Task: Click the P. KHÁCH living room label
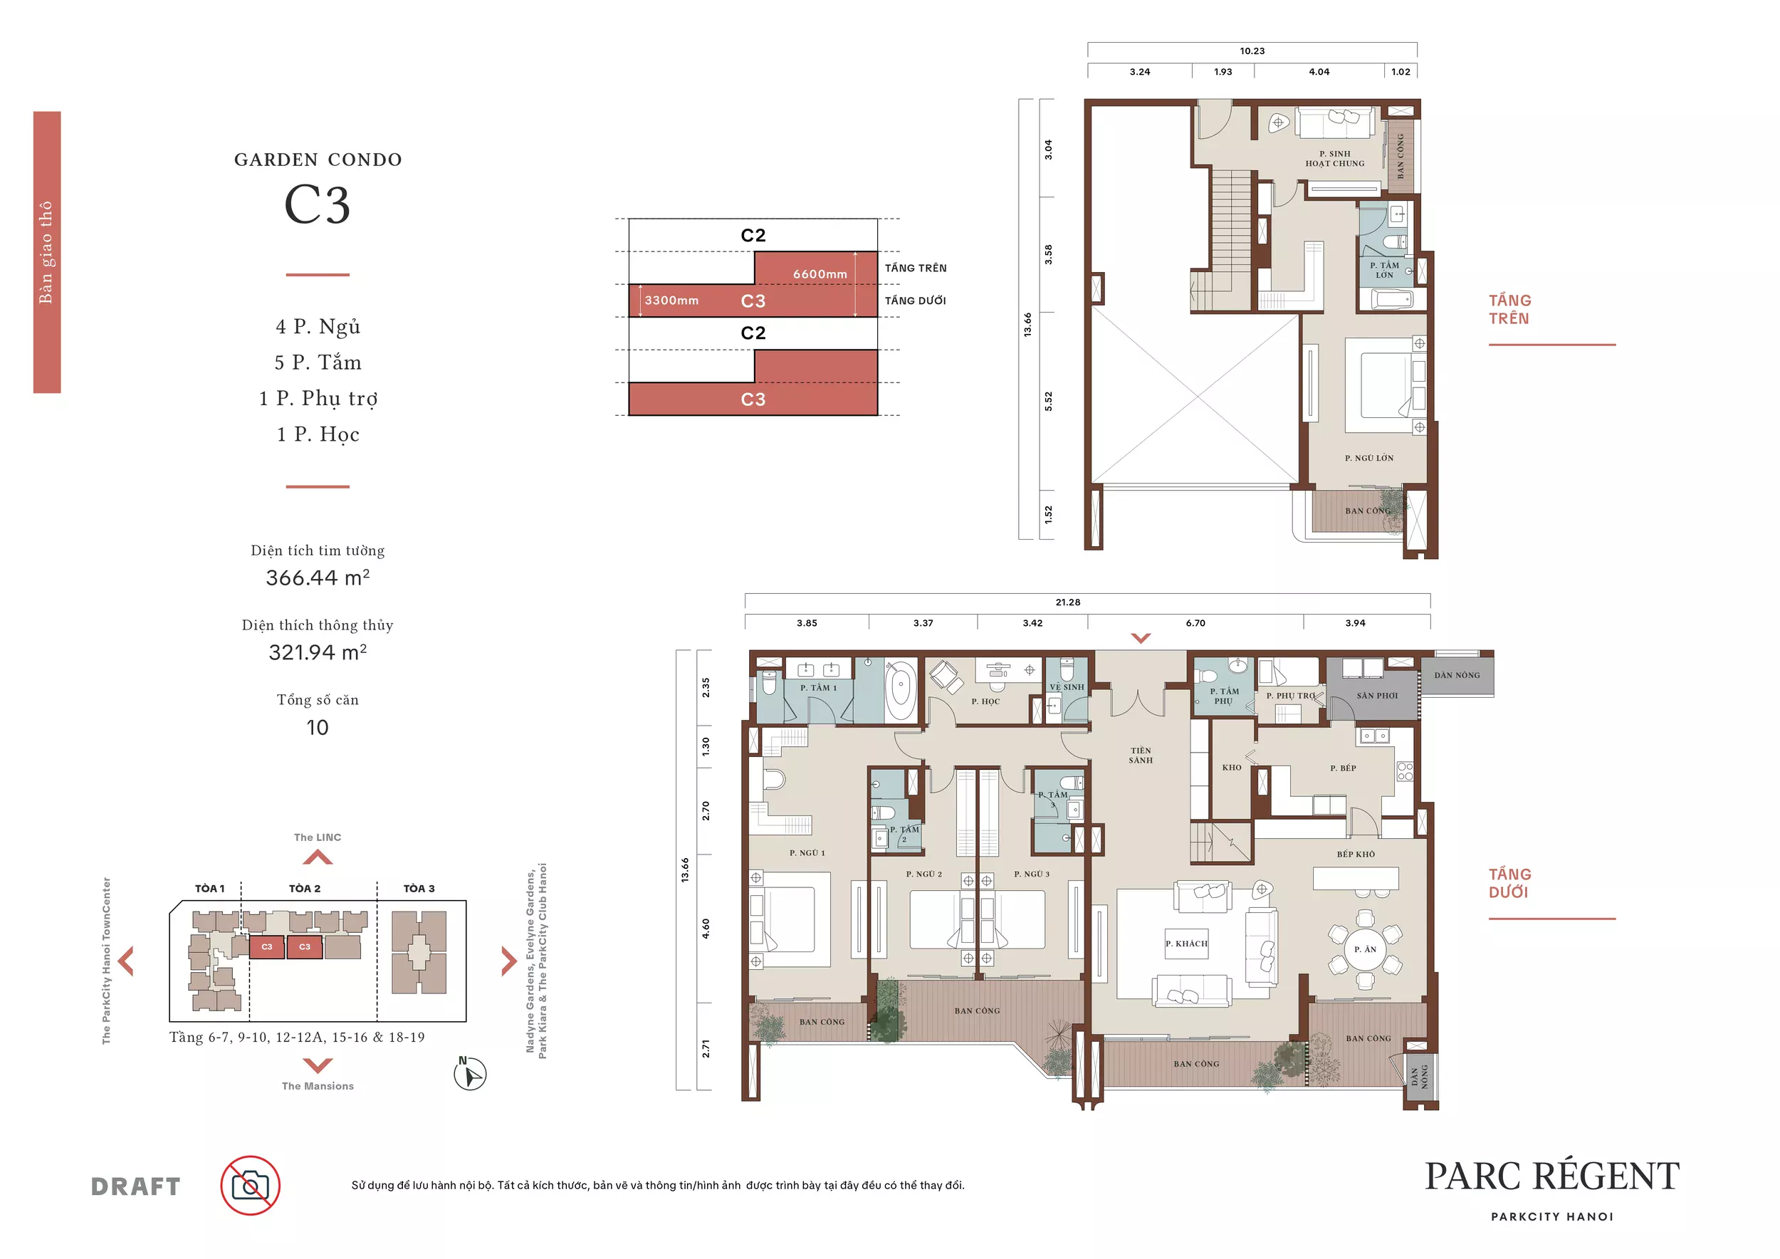1186,944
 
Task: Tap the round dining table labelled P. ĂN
1365,950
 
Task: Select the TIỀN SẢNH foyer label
1141,755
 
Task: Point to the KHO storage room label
1232,768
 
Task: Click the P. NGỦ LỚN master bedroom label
1369,458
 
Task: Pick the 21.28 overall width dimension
1067,602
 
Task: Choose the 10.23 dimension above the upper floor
1252,51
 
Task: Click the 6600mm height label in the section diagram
820,273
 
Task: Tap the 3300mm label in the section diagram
671,301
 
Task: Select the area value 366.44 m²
318,578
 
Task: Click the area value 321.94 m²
318,652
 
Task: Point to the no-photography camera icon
251,1186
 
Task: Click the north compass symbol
470,1075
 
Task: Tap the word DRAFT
136,1186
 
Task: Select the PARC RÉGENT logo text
1552,1176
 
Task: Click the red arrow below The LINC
318,857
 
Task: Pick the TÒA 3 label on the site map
419,889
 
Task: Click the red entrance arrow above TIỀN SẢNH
1141,638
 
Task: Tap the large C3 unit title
318,204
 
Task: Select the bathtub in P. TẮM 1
900,690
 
